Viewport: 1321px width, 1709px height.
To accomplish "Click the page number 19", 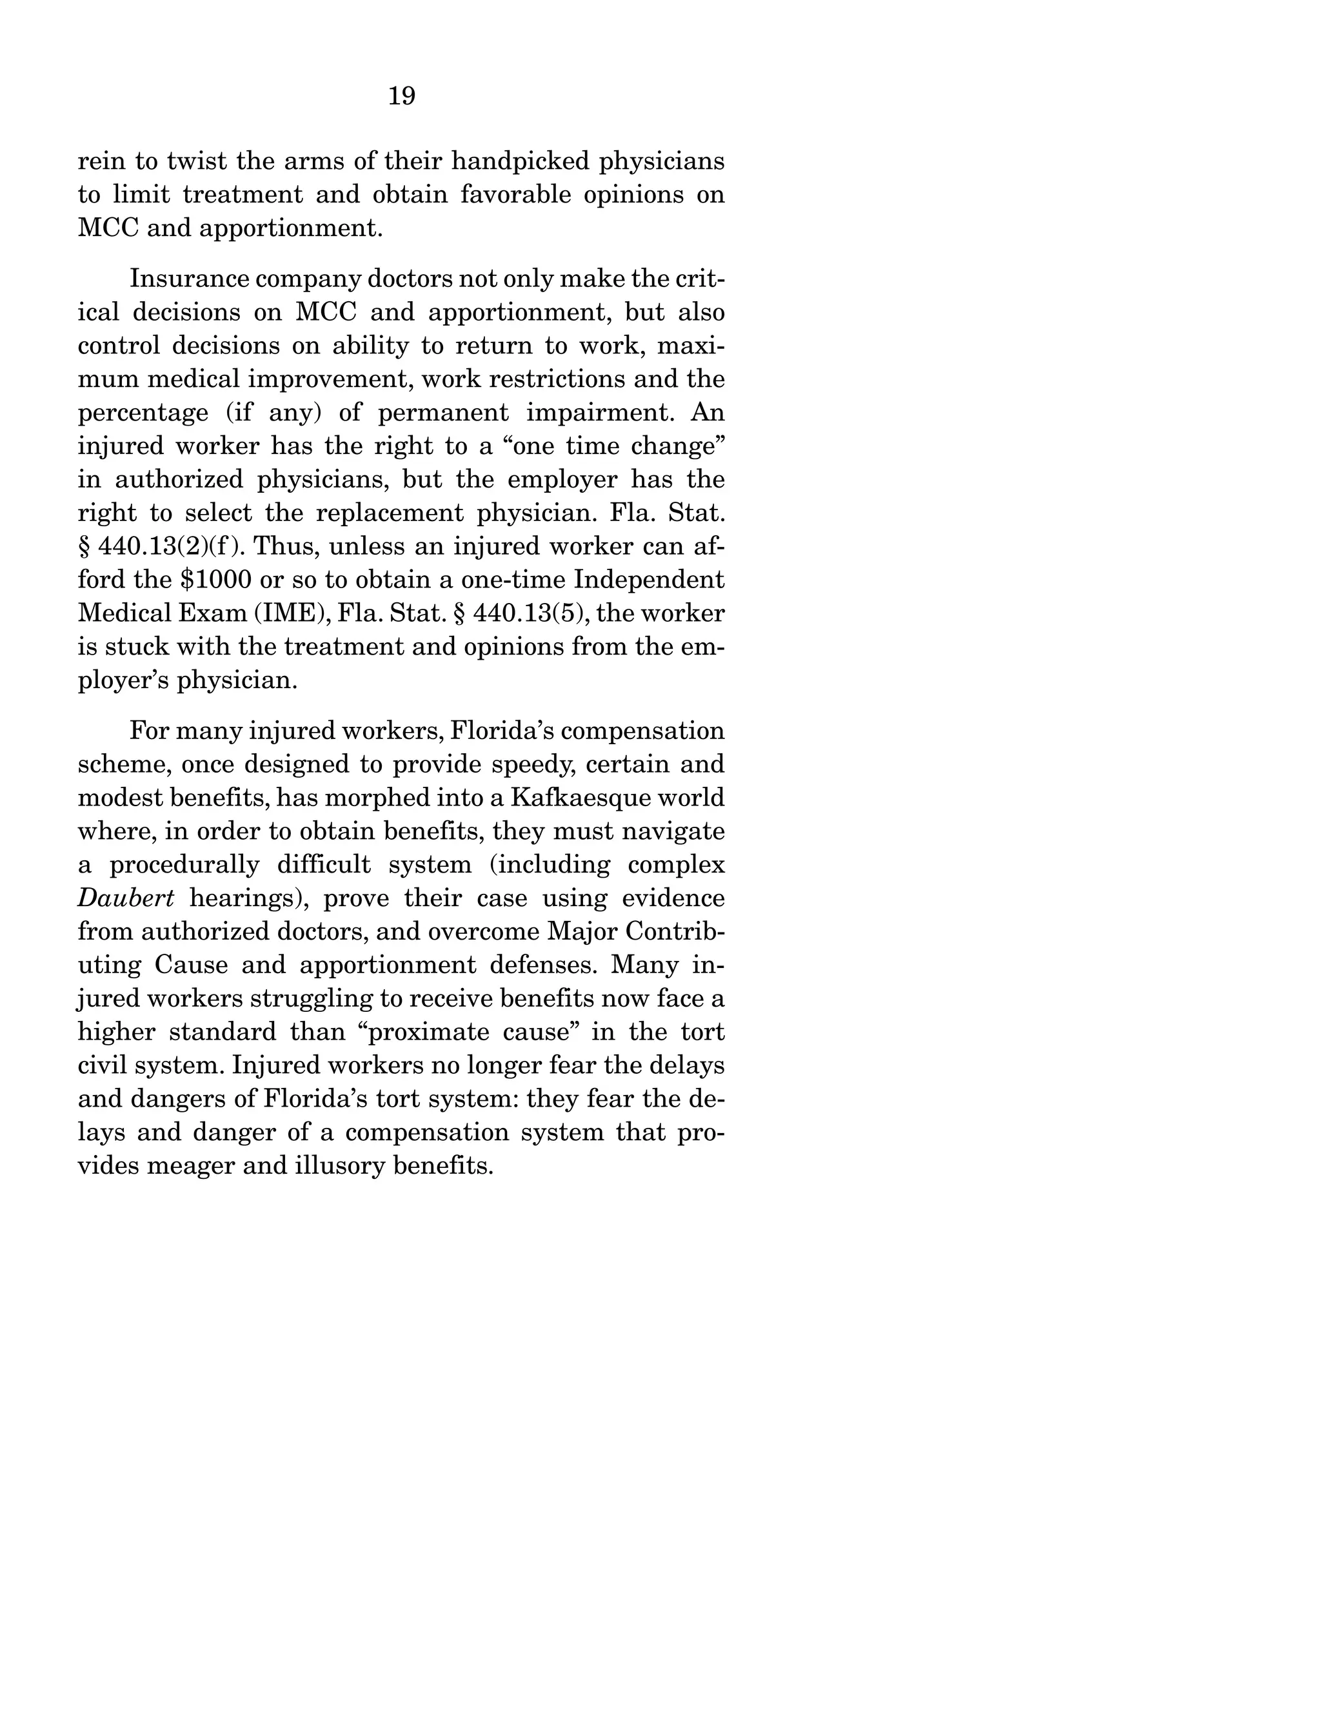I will pyautogui.click(x=401, y=96).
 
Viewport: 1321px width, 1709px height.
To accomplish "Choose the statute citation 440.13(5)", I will pyautogui.click(x=531, y=613).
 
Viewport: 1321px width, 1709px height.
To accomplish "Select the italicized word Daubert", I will pyautogui.click(x=126, y=898).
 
